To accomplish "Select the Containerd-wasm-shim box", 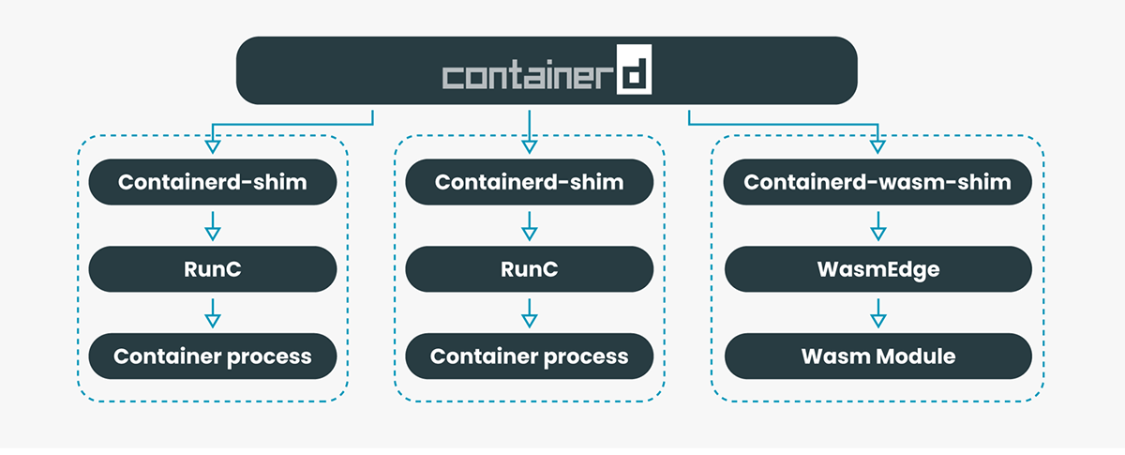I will (x=877, y=182).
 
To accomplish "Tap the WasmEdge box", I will (x=877, y=269).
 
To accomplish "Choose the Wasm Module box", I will (x=877, y=356).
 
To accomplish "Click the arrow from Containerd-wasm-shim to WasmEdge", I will (x=877, y=226).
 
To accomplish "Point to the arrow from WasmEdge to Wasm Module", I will (x=877, y=313).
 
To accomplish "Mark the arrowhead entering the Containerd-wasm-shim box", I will (x=877, y=144).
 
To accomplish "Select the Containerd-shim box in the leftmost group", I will (x=212, y=182).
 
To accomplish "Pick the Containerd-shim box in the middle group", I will (x=529, y=182).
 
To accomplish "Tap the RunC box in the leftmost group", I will (x=212, y=269).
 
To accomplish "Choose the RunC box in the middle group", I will (x=529, y=269).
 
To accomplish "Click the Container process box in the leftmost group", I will (x=212, y=356).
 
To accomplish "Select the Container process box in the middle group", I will (x=529, y=356).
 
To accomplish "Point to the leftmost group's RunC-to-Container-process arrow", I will (x=212, y=313).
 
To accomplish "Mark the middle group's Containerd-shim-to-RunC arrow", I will (x=529, y=226).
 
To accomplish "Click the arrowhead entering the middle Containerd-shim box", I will (x=529, y=144).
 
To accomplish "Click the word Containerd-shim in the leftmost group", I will (x=212, y=182).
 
